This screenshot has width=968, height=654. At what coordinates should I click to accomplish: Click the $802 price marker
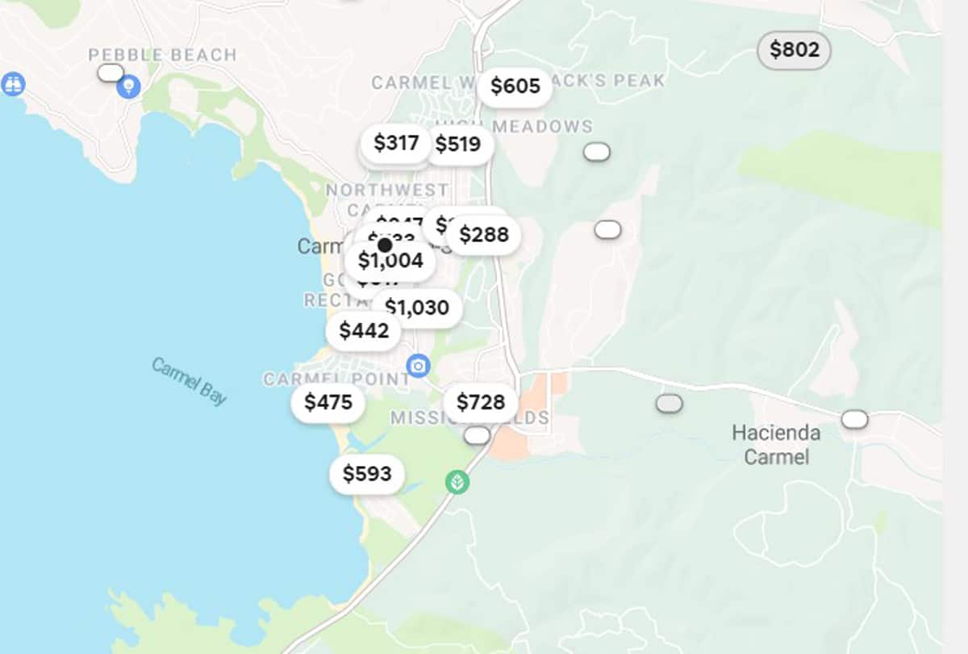(x=794, y=50)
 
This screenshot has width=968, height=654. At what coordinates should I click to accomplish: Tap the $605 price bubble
(x=515, y=86)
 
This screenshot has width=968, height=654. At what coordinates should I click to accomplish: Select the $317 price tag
(x=395, y=143)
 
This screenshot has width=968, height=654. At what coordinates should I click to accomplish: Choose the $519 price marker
(x=457, y=145)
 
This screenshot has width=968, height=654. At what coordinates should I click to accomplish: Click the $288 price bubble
(x=483, y=235)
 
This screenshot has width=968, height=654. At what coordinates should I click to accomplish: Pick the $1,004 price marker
(x=390, y=261)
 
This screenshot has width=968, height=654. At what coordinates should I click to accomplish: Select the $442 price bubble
(x=364, y=331)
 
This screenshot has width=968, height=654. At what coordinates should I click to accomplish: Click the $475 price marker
(x=328, y=402)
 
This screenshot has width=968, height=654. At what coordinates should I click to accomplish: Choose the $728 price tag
(x=480, y=402)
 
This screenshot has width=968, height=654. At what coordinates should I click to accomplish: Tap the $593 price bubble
(x=366, y=474)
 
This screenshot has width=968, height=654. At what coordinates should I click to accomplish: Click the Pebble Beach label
(x=162, y=55)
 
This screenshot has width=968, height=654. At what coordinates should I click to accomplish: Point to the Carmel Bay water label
(x=189, y=381)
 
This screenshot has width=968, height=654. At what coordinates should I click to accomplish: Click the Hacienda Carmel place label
(x=776, y=445)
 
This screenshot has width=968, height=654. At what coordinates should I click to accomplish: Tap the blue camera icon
(x=418, y=367)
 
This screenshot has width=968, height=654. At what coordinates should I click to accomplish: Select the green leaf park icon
(x=457, y=483)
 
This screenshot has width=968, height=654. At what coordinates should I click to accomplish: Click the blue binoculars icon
(x=13, y=84)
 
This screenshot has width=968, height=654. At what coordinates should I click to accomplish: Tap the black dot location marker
(x=385, y=245)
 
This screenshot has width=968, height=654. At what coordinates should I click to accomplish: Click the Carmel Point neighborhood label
(x=336, y=379)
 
